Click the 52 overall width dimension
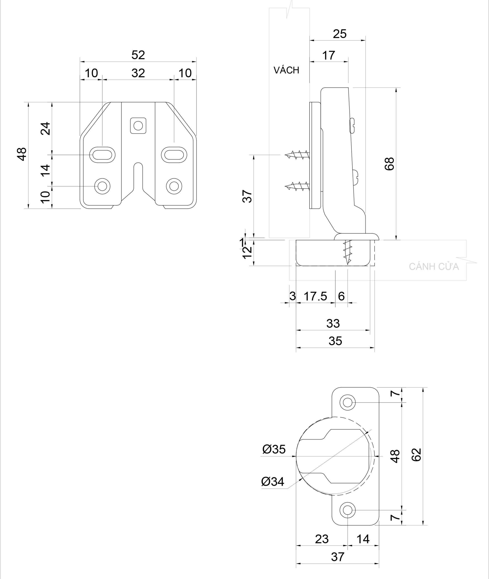pos(138,55)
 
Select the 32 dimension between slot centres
pos(138,73)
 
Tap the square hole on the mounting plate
pos(138,126)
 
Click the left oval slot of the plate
pos(102,154)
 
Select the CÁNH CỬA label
pos(434,267)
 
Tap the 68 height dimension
pos(390,164)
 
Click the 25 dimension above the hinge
pos(340,34)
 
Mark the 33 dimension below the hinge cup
pos(333,324)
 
